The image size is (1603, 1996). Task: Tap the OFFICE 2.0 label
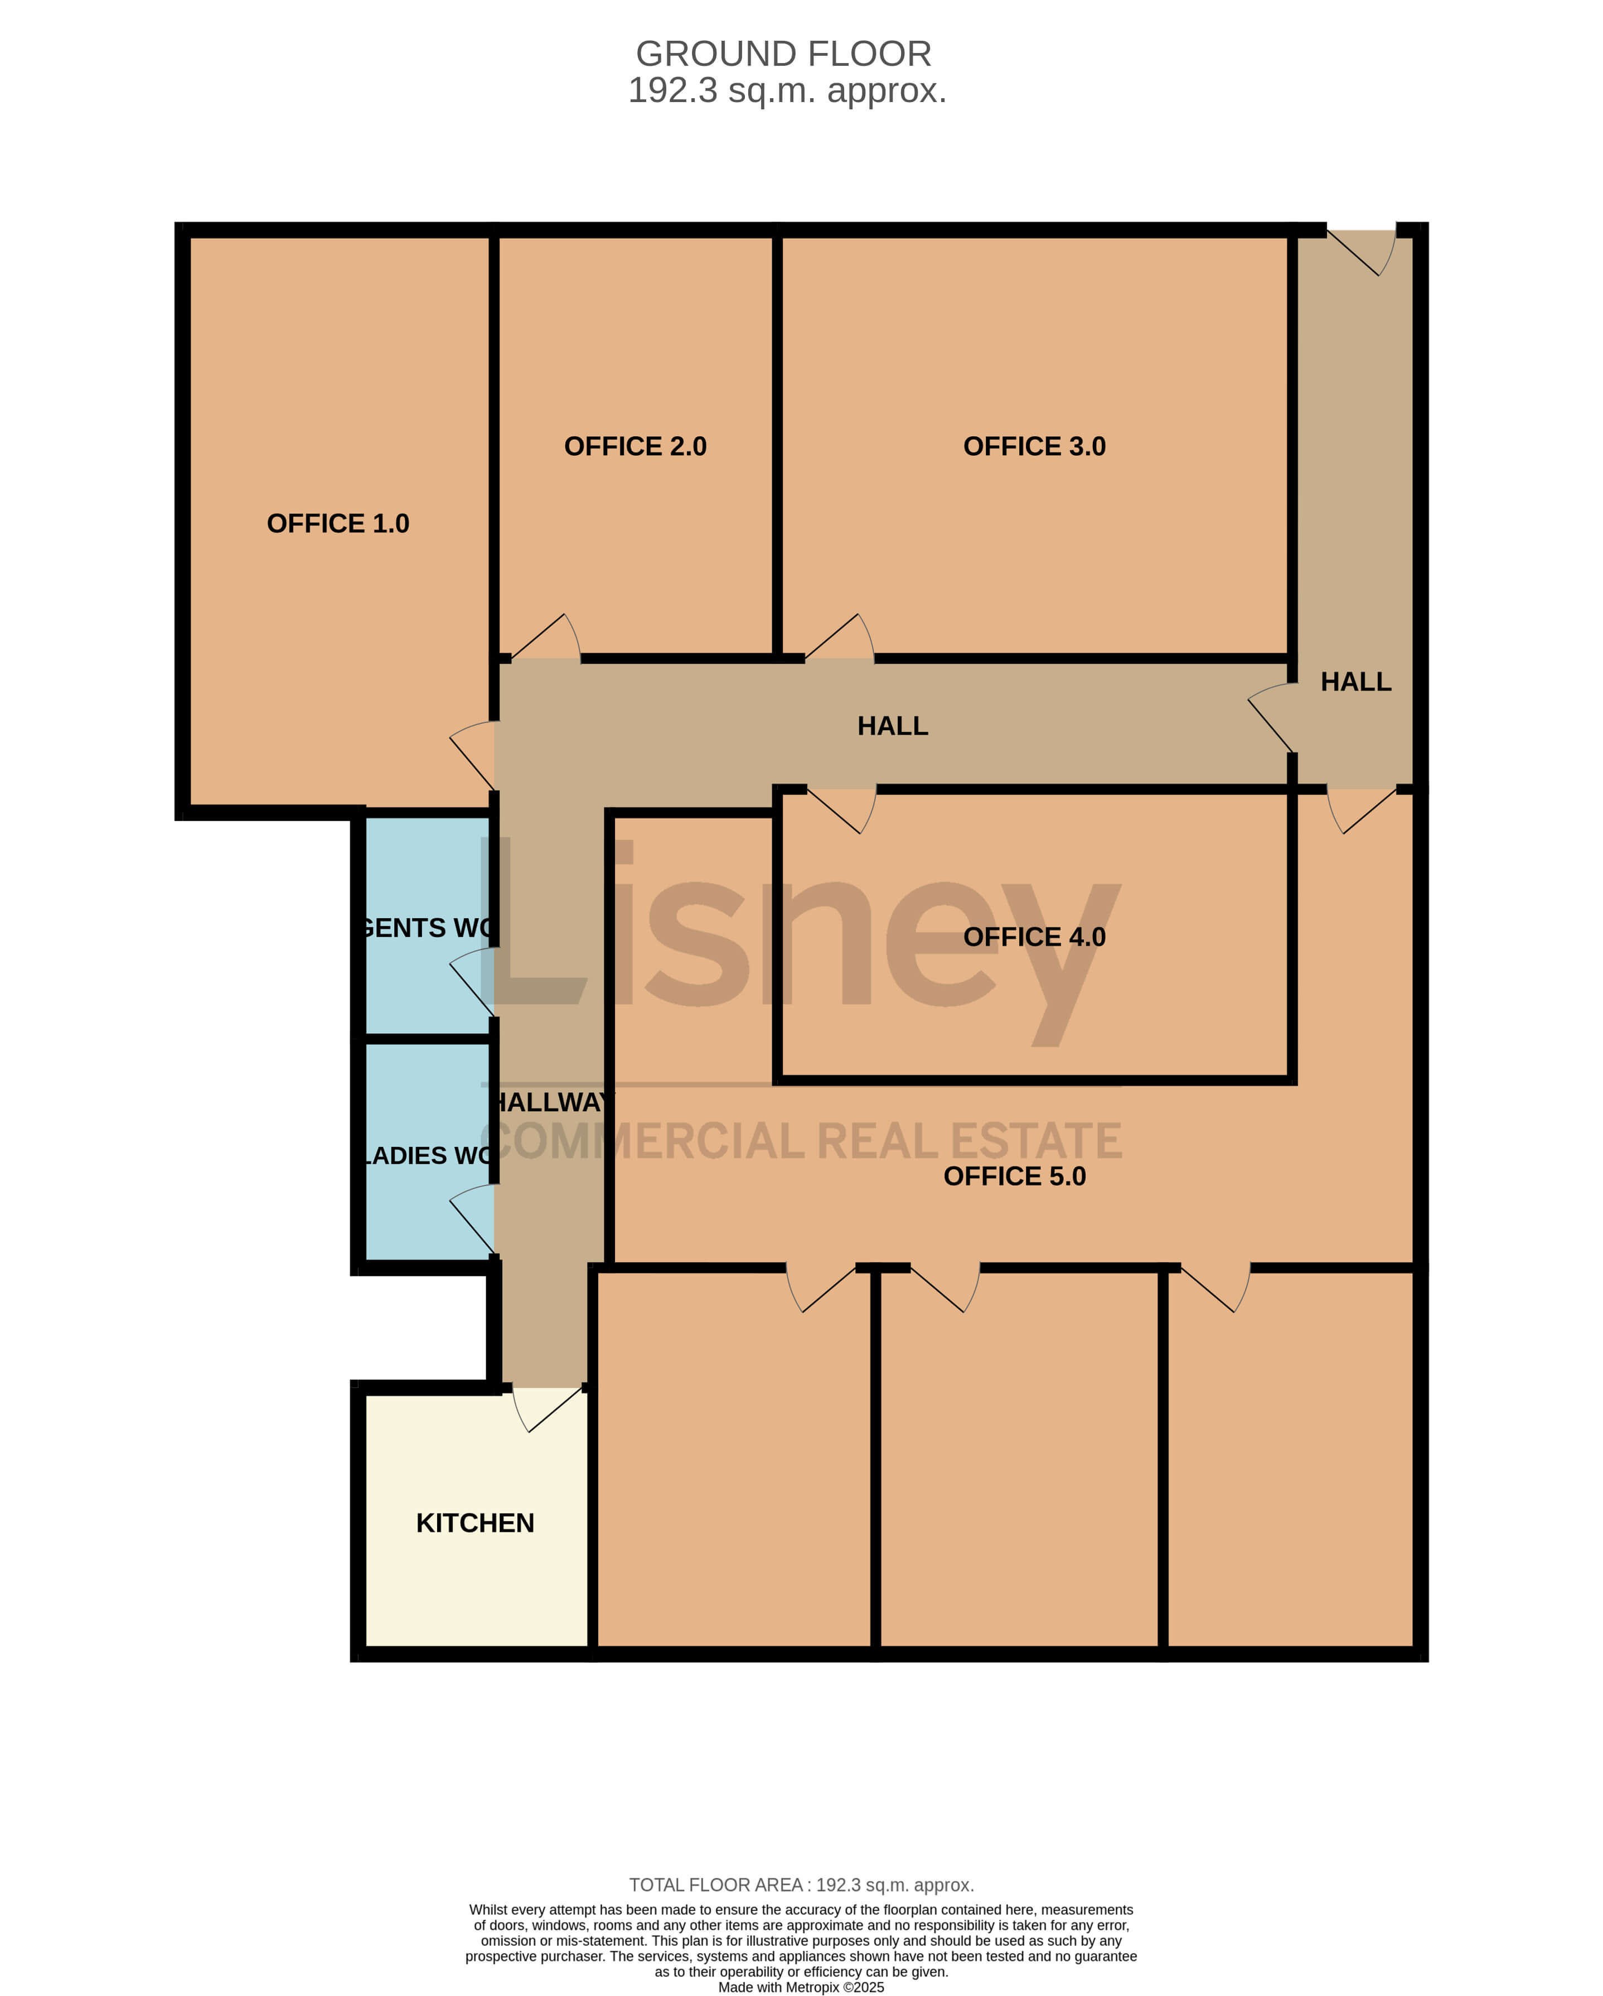point(635,446)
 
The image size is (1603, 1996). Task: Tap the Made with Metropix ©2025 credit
point(802,1988)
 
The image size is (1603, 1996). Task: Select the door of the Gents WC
point(472,983)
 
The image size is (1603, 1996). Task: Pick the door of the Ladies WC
point(472,1220)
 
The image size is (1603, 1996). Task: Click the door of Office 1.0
point(472,755)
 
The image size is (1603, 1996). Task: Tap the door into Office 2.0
point(545,637)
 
